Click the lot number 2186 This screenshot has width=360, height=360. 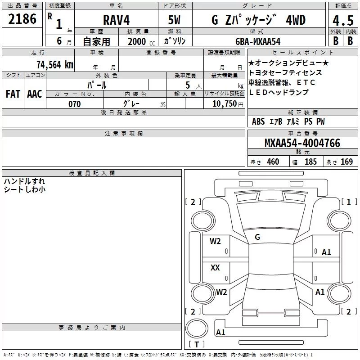[22, 19]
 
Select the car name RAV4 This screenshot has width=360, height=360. [116, 20]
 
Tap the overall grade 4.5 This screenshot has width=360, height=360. [343, 20]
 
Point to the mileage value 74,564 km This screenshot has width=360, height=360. [55, 65]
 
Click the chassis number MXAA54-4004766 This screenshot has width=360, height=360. [302, 143]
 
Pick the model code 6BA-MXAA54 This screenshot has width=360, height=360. [258, 41]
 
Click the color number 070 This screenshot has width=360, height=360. [75, 104]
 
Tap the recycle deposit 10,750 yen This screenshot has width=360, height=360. [228, 104]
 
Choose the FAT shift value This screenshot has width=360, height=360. [13, 94]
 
